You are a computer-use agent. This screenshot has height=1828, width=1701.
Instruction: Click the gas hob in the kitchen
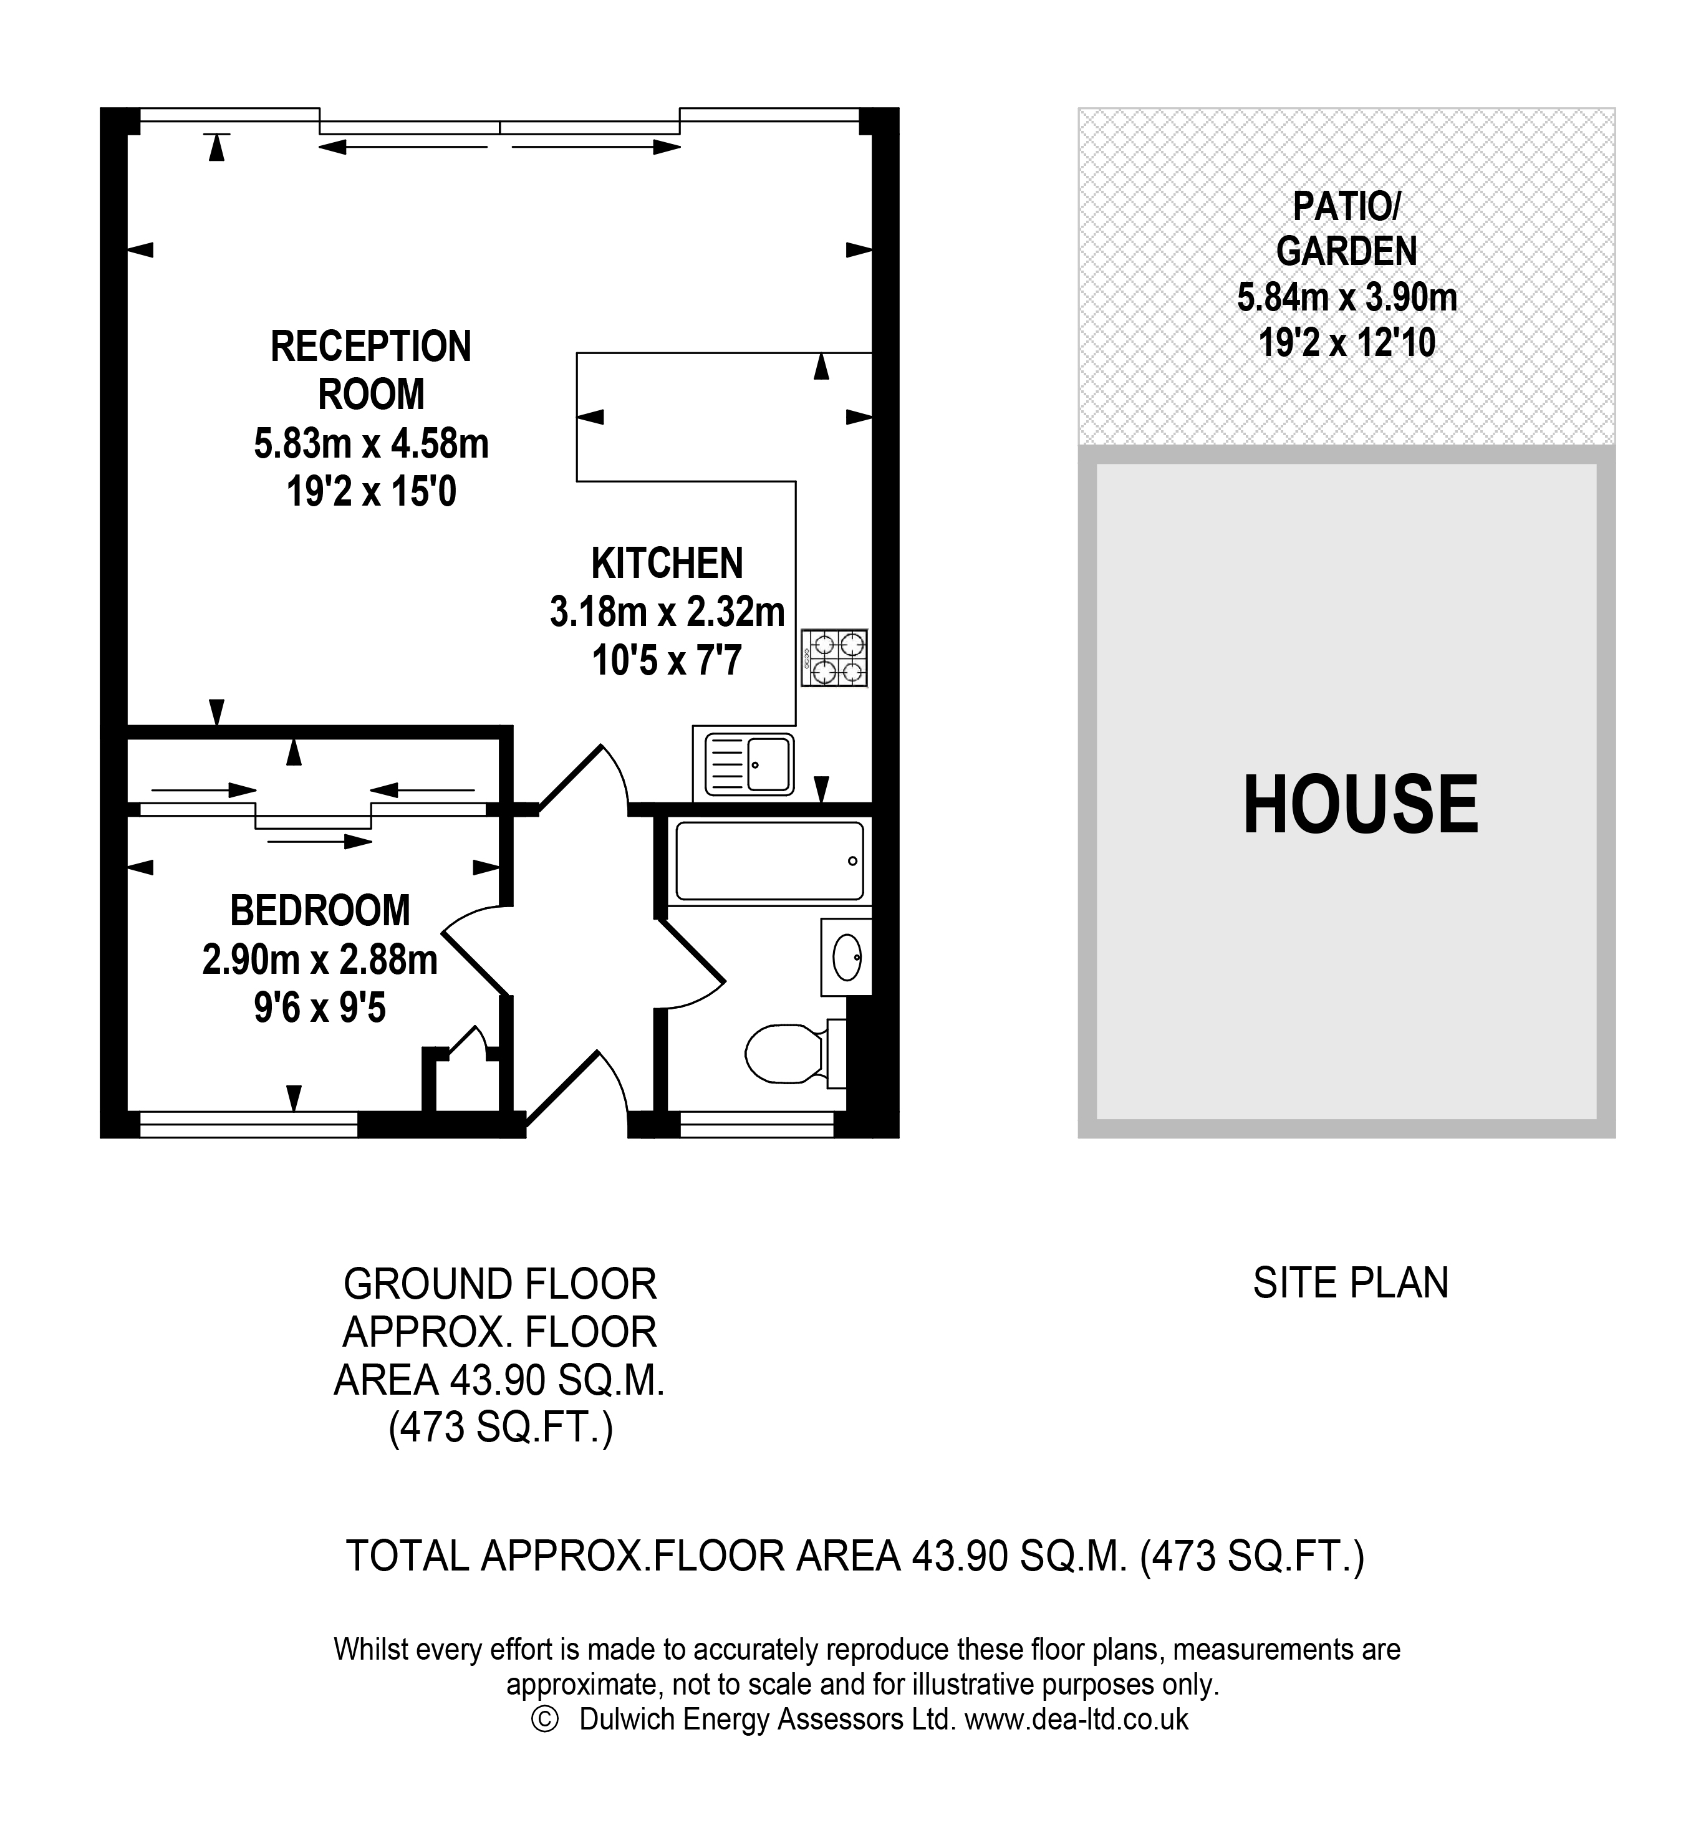(x=833, y=658)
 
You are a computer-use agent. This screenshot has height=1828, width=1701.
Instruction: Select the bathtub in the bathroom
(x=769, y=860)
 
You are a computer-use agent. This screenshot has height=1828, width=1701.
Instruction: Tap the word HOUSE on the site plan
(x=1360, y=804)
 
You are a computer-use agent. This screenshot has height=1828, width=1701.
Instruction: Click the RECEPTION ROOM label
(x=370, y=370)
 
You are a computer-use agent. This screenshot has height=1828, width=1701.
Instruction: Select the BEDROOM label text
(x=320, y=910)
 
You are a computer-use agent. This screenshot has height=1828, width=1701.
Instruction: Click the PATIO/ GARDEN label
(x=1346, y=228)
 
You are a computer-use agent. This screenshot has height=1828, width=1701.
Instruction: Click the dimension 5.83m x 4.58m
(x=370, y=443)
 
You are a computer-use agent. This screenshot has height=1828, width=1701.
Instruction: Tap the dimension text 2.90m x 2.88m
(x=319, y=960)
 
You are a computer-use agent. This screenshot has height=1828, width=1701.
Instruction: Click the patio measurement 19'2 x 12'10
(x=1346, y=343)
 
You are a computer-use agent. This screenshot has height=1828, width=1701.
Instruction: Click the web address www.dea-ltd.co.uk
(x=1076, y=1718)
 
